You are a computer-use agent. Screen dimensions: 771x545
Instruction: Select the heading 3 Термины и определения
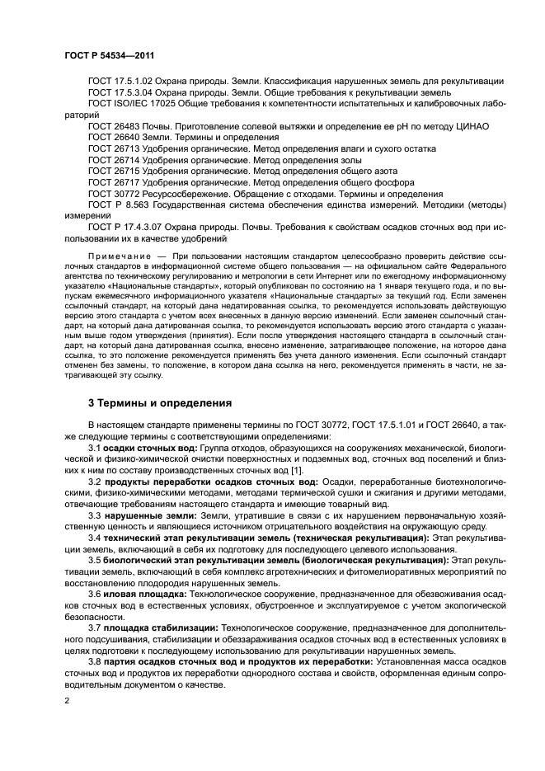(x=153, y=403)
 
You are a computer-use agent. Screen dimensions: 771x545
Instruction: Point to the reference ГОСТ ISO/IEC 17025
(x=130, y=103)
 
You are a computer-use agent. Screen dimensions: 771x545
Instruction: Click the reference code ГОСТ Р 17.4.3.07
(x=124, y=227)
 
